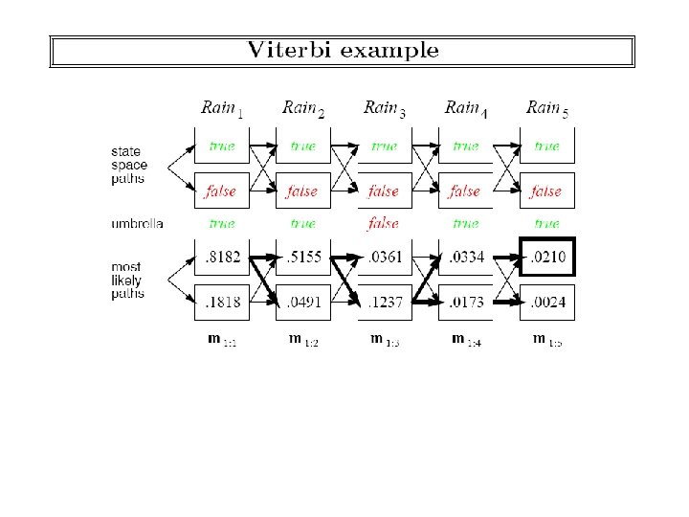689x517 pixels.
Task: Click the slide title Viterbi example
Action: click(x=343, y=51)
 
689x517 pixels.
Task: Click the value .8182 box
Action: click(x=221, y=258)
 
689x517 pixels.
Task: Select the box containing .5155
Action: click(x=302, y=258)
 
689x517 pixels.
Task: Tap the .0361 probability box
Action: click(x=384, y=258)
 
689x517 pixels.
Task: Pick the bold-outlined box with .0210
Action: click(x=547, y=257)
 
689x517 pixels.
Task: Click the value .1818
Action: click(x=221, y=303)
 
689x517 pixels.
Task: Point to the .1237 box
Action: click(x=384, y=303)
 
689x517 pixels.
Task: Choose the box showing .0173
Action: click(x=465, y=303)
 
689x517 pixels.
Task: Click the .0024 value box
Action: click(x=547, y=303)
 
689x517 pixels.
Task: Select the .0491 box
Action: click(x=302, y=303)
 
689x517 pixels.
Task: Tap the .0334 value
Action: click(x=465, y=258)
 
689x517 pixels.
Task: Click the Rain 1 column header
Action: click(x=221, y=108)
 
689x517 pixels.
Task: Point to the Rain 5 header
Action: click(x=546, y=108)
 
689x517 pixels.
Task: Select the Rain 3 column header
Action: click(x=384, y=108)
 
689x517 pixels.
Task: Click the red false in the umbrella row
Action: click(x=384, y=224)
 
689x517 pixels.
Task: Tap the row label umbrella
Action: click(x=137, y=224)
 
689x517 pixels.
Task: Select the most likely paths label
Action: click(x=127, y=281)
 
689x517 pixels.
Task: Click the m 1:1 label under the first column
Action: click(x=221, y=340)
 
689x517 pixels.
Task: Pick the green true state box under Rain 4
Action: click(x=465, y=146)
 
